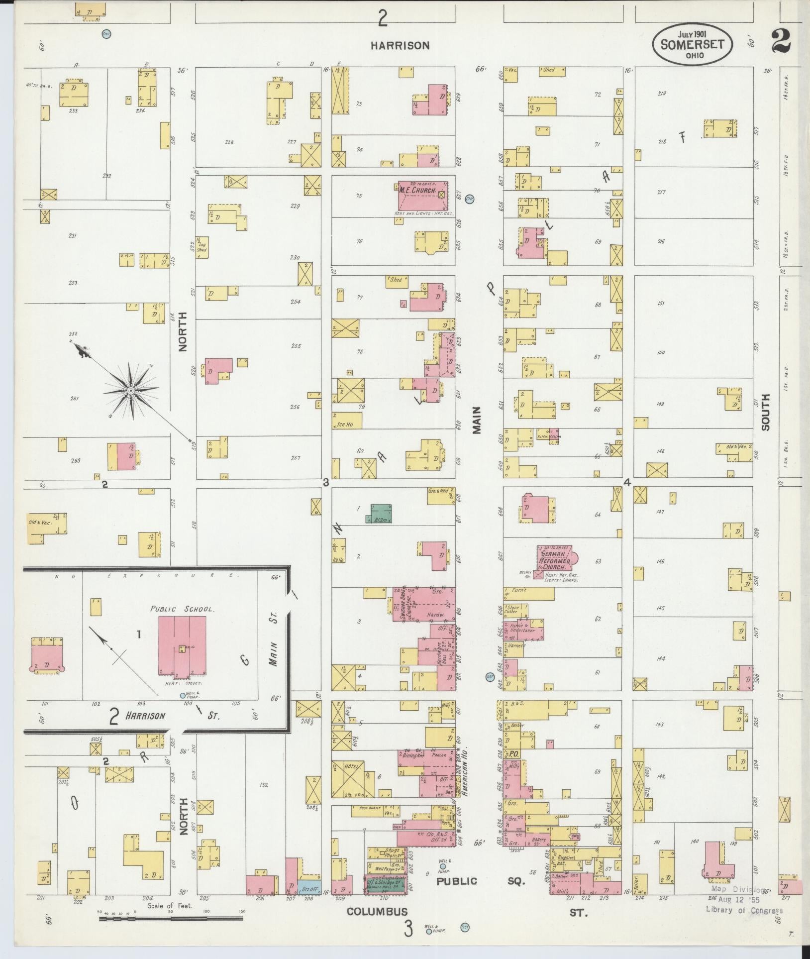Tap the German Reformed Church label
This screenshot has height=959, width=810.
[x=554, y=557]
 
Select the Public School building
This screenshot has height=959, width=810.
[x=182, y=645]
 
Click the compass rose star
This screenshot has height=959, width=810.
[x=130, y=391]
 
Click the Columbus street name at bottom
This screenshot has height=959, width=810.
[x=377, y=912]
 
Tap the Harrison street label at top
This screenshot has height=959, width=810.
[x=400, y=45]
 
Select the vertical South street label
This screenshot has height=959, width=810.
[x=765, y=412]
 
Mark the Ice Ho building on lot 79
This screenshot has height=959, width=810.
[x=347, y=421]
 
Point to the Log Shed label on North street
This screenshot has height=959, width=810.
[x=202, y=247]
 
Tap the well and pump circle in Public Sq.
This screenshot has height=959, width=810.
[x=442, y=866]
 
